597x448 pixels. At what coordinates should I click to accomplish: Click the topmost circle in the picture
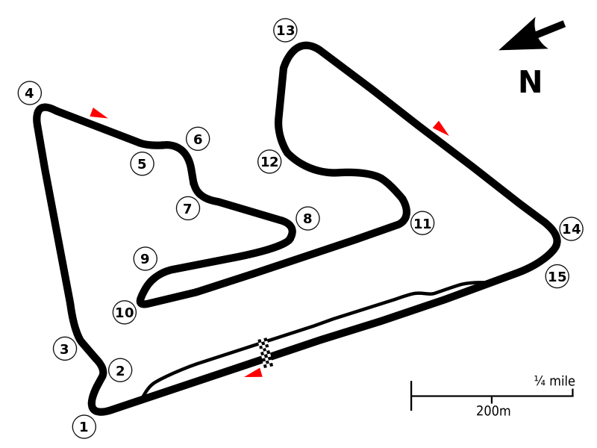click(285, 30)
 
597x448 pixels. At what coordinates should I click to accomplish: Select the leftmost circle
click(30, 93)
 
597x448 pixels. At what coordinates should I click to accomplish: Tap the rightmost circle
click(571, 228)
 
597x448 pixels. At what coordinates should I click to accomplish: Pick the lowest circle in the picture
click(84, 426)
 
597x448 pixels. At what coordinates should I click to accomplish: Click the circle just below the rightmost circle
click(557, 276)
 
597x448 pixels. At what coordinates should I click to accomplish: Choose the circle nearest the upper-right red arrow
click(422, 223)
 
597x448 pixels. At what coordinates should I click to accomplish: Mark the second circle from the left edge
click(65, 348)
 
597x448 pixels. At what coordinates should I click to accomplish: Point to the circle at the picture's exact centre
click(307, 218)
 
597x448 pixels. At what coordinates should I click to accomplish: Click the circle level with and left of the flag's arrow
click(120, 370)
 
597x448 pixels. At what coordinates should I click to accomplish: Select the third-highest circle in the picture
click(198, 138)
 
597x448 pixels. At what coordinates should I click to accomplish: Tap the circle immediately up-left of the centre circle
click(269, 161)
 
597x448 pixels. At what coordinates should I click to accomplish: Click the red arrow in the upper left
click(97, 114)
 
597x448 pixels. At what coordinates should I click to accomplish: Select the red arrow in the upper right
click(440, 128)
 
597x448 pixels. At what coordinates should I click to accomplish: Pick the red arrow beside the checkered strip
click(254, 373)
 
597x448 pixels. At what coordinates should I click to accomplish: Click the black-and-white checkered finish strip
click(265, 352)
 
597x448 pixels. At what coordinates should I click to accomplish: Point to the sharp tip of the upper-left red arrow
click(109, 119)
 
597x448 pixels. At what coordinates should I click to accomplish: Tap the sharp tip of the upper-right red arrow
click(449, 136)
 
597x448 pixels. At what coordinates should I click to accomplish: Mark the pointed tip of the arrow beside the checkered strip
click(243, 377)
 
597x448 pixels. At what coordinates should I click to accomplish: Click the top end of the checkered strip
click(262, 339)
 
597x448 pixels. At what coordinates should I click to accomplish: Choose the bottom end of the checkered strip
click(269, 366)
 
